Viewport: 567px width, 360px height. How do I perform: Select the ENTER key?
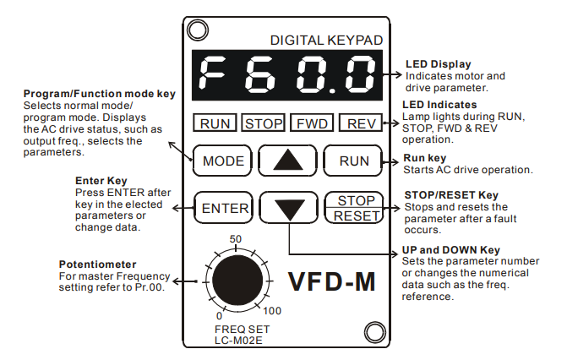coord(224,208)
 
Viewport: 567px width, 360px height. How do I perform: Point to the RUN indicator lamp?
coord(215,124)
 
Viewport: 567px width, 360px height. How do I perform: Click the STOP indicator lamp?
coord(264,124)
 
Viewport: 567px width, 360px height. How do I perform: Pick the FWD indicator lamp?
coord(312,124)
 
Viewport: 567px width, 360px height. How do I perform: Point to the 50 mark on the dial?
coord(236,238)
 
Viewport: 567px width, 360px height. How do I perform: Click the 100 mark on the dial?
coord(272,312)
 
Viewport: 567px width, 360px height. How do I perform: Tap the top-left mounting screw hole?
coord(197,30)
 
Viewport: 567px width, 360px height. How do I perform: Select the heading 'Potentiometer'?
coord(98,265)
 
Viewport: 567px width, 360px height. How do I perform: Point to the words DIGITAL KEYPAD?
coord(325,40)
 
